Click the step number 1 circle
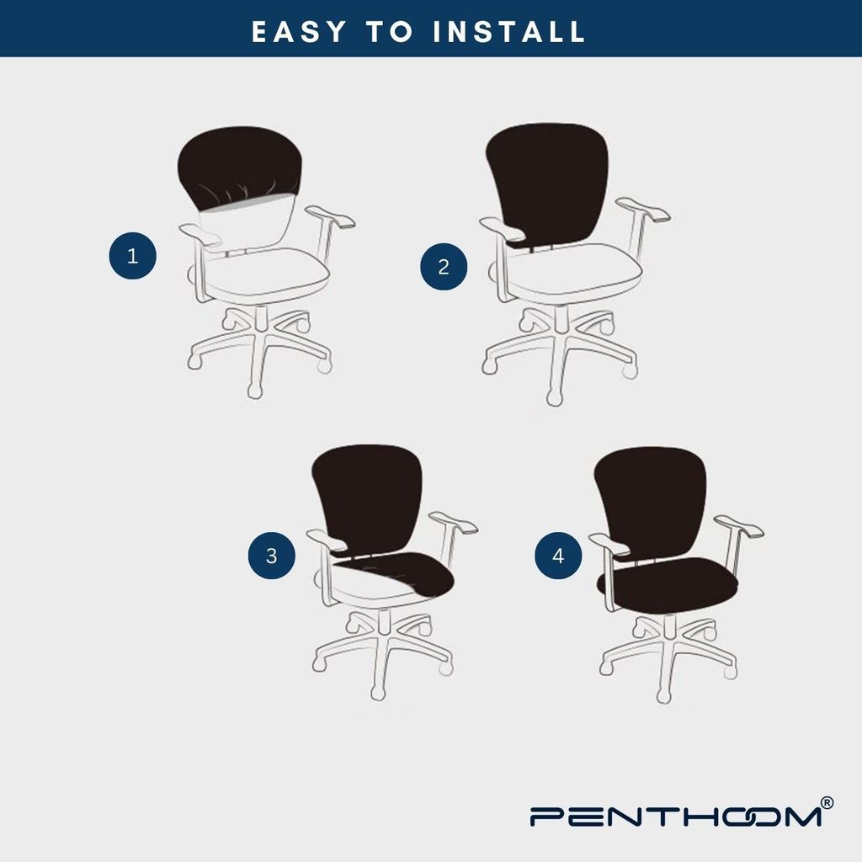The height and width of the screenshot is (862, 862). point(132,256)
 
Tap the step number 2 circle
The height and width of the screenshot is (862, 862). point(444,267)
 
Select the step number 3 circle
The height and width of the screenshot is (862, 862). point(272,556)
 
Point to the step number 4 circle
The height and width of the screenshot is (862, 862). point(559,556)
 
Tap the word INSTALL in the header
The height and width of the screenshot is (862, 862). point(509,31)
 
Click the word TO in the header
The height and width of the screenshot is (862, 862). point(390,31)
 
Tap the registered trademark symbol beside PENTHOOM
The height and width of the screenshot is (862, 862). point(827,803)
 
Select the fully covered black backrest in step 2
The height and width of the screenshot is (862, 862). point(547,182)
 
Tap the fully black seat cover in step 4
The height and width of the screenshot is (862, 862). point(668,585)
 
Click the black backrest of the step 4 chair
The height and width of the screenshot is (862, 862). point(651,503)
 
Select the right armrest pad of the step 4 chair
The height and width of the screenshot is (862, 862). point(738,525)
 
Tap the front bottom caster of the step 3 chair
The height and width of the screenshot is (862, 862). point(378,692)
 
